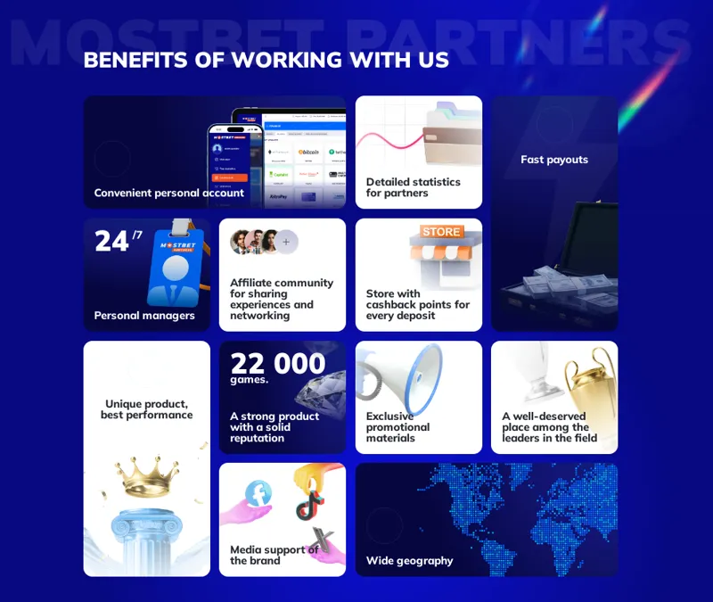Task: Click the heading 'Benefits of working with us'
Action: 266,60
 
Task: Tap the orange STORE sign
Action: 441,232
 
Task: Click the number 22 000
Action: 278,363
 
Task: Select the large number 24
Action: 112,241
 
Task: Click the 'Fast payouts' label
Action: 554,160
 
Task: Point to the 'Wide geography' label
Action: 409,561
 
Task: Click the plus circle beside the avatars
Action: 286,242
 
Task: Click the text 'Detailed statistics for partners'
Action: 413,187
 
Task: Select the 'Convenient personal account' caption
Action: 168,193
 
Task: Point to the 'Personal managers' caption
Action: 144,315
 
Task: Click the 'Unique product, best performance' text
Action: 147,409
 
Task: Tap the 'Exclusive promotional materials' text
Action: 397,427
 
